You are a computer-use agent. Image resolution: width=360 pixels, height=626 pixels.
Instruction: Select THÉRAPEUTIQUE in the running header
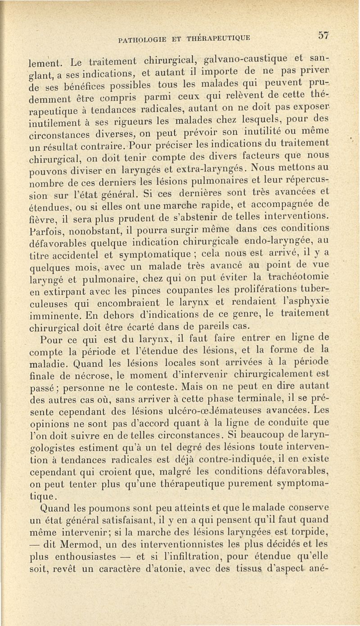coord(218,37)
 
